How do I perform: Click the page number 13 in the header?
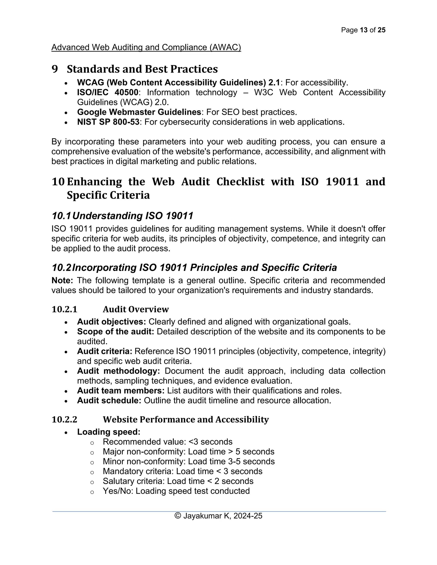pos(363,30)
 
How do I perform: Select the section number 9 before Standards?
pos(55,69)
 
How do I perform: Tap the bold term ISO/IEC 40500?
pos(108,92)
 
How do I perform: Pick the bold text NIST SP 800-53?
pos(108,122)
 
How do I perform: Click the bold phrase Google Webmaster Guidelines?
pos(139,112)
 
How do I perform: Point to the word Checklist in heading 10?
pos(240,182)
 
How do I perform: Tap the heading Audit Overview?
pos(136,309)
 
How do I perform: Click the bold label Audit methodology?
pos(118,371)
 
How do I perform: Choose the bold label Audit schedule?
pos(109,400)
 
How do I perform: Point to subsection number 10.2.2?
pos(64,419)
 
